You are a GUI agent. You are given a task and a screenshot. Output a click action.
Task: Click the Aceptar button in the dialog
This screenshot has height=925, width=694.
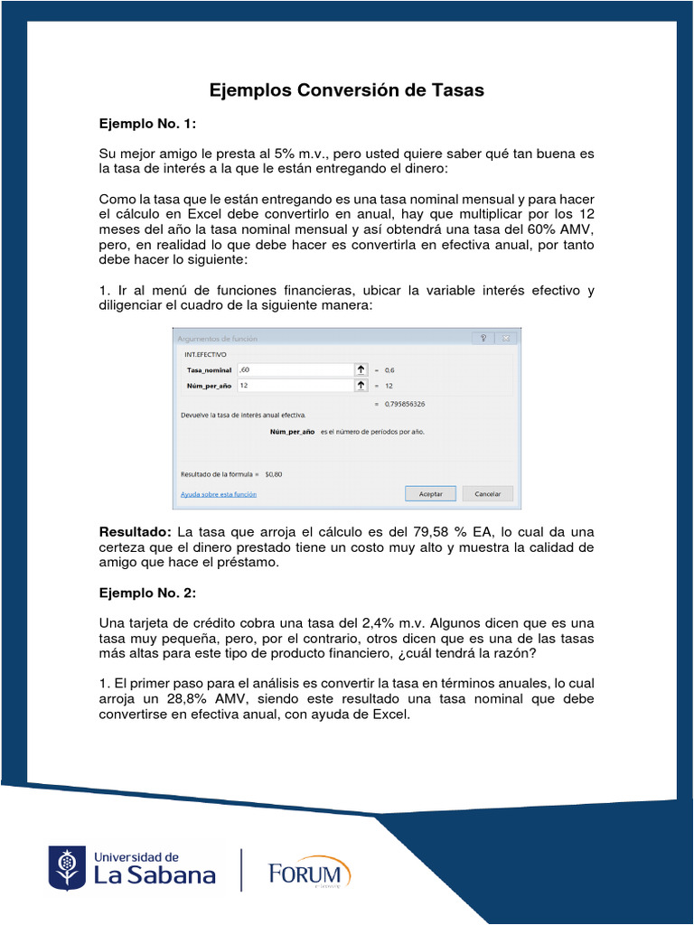(430, 494)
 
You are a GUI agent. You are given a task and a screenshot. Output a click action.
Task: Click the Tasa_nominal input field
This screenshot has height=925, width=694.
(294, 369)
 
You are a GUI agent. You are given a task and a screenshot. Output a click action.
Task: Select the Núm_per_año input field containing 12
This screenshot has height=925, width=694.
(294, 385)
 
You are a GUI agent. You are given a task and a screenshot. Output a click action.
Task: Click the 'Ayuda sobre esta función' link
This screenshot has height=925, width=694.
(219, 494)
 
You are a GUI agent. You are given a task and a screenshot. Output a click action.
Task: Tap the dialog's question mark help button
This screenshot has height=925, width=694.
(483, 338)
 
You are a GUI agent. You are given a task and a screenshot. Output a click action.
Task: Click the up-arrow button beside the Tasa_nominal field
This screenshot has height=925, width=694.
(361, 369)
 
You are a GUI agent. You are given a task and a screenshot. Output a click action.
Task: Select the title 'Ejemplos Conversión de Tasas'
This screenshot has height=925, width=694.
(347, 90)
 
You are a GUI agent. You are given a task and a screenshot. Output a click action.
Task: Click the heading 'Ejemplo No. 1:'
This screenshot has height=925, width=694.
(147, 123)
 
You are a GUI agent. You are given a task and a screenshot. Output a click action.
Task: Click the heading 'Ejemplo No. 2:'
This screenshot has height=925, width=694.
(147, 593)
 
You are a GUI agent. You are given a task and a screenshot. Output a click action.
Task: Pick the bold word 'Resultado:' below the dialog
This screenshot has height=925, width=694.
(136, 532)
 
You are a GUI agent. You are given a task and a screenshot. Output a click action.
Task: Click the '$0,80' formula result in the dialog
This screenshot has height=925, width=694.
(273, 473)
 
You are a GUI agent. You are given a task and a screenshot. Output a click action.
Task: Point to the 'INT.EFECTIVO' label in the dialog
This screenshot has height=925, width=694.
(206, 355)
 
